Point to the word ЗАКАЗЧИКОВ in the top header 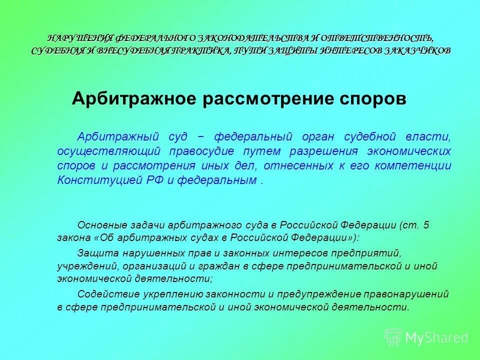point(418,50)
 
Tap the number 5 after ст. point(426,225)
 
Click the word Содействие point(105,293)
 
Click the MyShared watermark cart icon point(393,337)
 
